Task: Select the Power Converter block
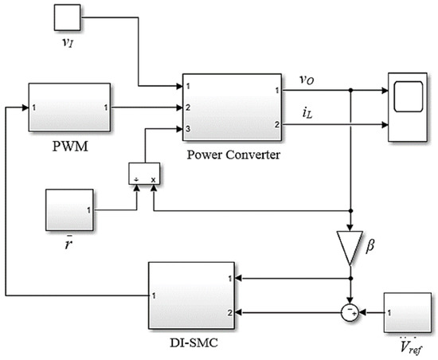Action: click(233, 107)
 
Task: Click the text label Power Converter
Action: click(232, 154)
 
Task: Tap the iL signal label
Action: click(307, 114)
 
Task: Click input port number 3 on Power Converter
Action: click(188, 127)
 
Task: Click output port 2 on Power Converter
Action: click(276, 124)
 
